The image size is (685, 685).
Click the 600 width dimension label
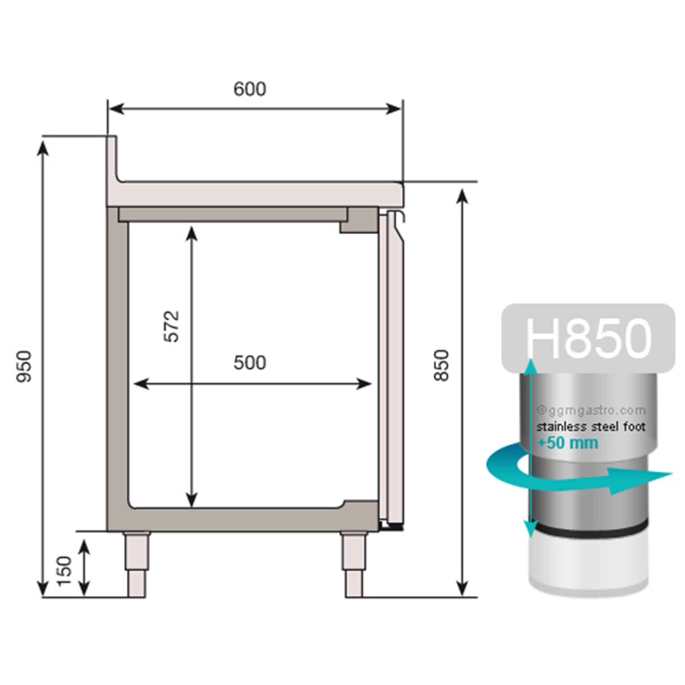click(250, 89)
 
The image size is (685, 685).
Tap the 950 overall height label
click(24, 366)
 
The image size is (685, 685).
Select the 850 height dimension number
click(442, 365)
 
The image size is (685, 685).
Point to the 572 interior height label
click(172, 326)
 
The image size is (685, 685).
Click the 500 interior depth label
click(250, 363)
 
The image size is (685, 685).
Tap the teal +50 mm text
click(568, 443)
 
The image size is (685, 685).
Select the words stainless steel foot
click(591, 427)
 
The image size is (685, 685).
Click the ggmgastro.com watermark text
click(591, 411)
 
